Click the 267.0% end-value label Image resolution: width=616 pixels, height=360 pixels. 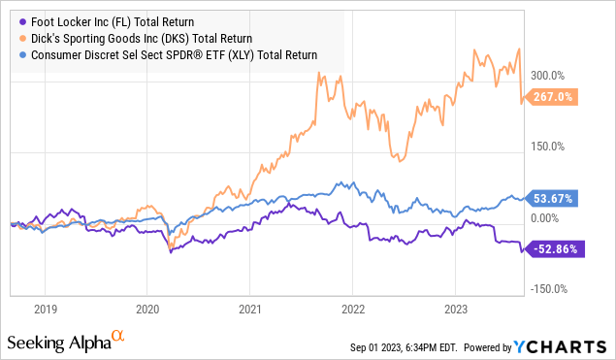pos(556,97)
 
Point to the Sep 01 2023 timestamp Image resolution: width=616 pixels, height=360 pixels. pos(406,346)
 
